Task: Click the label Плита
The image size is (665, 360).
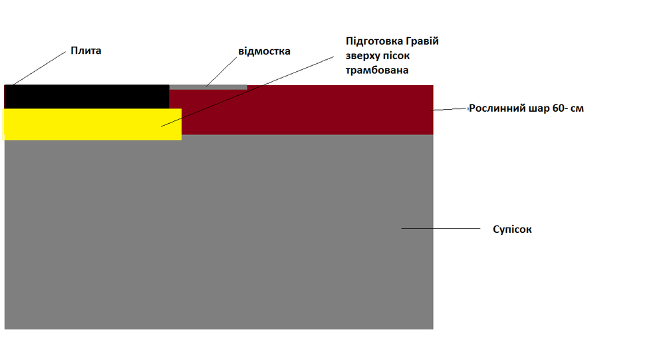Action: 86,51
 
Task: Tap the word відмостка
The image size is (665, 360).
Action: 264,51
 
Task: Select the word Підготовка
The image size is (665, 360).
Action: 374,42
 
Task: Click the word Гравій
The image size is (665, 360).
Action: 422,41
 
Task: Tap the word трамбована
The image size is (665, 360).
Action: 377,70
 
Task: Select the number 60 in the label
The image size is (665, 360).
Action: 558,108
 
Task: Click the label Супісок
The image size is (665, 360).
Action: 512,230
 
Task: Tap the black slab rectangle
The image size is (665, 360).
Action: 86,96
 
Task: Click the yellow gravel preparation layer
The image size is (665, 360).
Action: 92,124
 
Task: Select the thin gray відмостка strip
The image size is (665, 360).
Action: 208,87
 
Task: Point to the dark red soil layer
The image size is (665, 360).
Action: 305,110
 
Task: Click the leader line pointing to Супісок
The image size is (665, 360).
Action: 441,228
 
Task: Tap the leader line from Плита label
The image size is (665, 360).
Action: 39,69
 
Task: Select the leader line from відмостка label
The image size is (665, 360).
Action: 221,72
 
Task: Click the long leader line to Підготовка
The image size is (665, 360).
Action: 247,91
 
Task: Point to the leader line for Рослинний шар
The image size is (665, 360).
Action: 448,110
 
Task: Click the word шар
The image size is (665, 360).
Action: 539,108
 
